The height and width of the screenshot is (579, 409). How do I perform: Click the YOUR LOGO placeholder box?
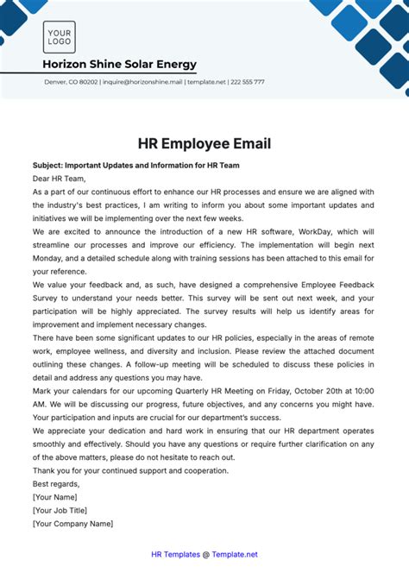(60, 37)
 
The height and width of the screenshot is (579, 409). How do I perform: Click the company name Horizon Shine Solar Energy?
(119, 65)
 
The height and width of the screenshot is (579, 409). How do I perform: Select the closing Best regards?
(55, 485)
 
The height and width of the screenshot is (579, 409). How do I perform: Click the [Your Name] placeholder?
(56, 498)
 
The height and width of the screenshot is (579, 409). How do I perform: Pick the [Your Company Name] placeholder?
(73, 523)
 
